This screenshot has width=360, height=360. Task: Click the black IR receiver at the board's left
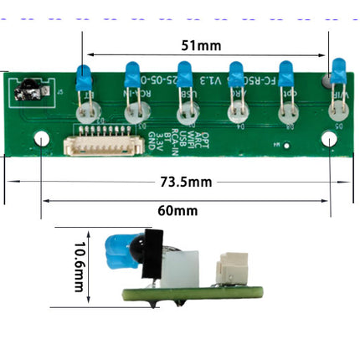coord(31,87)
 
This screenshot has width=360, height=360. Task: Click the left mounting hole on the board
coord(42,139)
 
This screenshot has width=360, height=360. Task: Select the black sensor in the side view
coord(152,255)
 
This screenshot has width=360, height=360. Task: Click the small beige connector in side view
coord(227,270)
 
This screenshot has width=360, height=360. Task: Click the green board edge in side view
coord(193,294)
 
